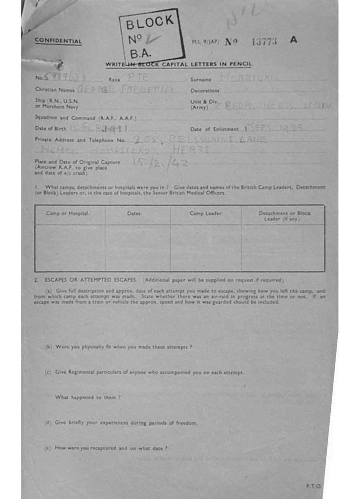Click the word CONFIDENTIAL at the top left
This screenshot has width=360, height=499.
coord(58,41)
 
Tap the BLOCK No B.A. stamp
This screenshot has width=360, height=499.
coord(151,37)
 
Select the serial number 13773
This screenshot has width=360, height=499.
coord(264,41)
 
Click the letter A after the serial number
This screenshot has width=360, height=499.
coord(293,40)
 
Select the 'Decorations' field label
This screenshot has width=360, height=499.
coord(205,91)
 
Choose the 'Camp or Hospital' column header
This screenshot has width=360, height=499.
coord(68,213)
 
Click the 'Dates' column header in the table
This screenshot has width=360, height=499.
coord(134,213)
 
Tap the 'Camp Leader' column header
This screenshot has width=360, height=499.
coord(206,213)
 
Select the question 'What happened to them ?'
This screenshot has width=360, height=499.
coord(88,397)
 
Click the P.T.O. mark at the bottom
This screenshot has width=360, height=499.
coord(313,486)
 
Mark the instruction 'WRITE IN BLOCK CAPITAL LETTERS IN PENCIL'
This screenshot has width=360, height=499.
coord(178,65)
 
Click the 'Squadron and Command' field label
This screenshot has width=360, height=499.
coord(85,117)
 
